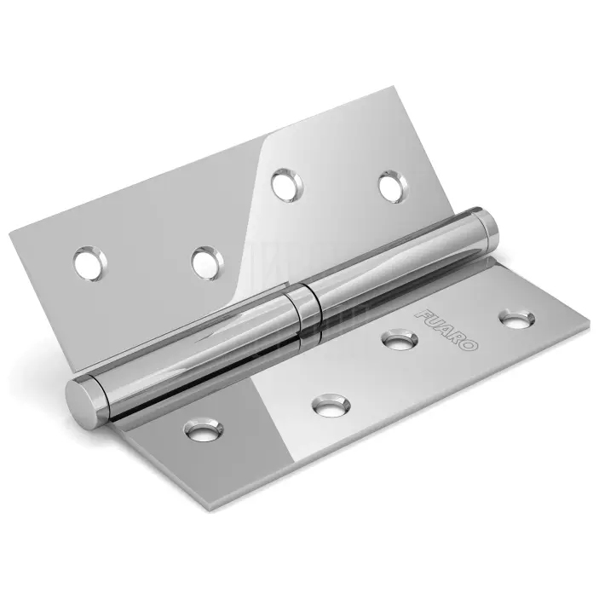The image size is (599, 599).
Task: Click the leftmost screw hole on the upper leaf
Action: [90, 263]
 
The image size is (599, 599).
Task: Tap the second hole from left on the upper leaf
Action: [208, 262]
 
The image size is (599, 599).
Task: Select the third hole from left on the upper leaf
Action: [287, 185]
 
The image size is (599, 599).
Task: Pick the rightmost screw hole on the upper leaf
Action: [394, 187]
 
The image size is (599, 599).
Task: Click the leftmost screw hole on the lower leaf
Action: [204, 430]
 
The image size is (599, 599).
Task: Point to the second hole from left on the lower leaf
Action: [331, 406]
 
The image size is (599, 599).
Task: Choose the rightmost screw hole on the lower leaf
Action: [517, 318]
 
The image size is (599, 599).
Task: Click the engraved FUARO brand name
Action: [446, 329]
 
